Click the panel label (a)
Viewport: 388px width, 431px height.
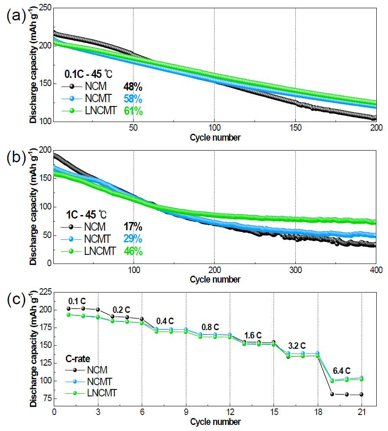16,16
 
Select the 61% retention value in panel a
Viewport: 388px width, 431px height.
133,111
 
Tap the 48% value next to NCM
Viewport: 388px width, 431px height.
133,87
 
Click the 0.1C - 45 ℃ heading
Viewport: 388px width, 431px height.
88,74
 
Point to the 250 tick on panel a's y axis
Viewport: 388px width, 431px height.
46,8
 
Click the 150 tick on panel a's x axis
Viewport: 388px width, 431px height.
296,128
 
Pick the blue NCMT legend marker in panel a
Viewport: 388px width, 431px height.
72,98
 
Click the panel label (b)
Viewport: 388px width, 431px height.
16,158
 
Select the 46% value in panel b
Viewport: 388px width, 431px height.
133,251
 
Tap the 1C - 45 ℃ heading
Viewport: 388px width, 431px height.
86,215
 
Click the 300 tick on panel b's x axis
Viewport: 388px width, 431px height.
296,270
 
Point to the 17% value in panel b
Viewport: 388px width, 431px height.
133,227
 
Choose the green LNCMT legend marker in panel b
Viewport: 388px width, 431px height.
71,251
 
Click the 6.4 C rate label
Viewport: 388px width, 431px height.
342,371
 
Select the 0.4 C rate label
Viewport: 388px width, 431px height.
165,321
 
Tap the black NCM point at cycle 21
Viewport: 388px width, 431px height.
362,395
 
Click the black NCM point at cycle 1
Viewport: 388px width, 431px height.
68,309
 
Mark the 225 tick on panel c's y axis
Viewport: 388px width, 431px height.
46,292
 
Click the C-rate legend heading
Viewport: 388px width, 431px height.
78,359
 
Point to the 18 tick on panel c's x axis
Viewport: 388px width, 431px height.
318,412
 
